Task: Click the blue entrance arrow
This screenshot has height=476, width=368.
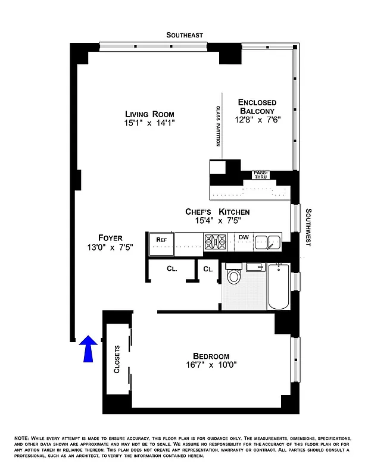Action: tap(88, 348)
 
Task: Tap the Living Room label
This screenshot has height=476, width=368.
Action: tap(149, 114)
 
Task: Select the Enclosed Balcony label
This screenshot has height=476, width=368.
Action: tap(257, 106)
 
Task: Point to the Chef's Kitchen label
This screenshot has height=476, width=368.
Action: tap(217, 212)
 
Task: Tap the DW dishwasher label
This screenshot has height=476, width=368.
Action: tap(244, 238)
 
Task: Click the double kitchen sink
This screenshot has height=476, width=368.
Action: tap(268, 242)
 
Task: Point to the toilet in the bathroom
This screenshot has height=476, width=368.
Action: tap(234, 277)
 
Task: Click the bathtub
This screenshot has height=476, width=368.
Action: tap(278, 286)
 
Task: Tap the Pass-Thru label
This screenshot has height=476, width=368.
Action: tap(261, 174)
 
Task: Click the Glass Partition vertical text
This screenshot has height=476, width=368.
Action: tap(218, 126)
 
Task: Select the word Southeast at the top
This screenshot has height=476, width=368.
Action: tap(185, 36)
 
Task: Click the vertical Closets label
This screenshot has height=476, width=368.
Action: tap(117, 359)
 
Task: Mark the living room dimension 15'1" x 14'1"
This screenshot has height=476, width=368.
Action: tap(149, 123)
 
